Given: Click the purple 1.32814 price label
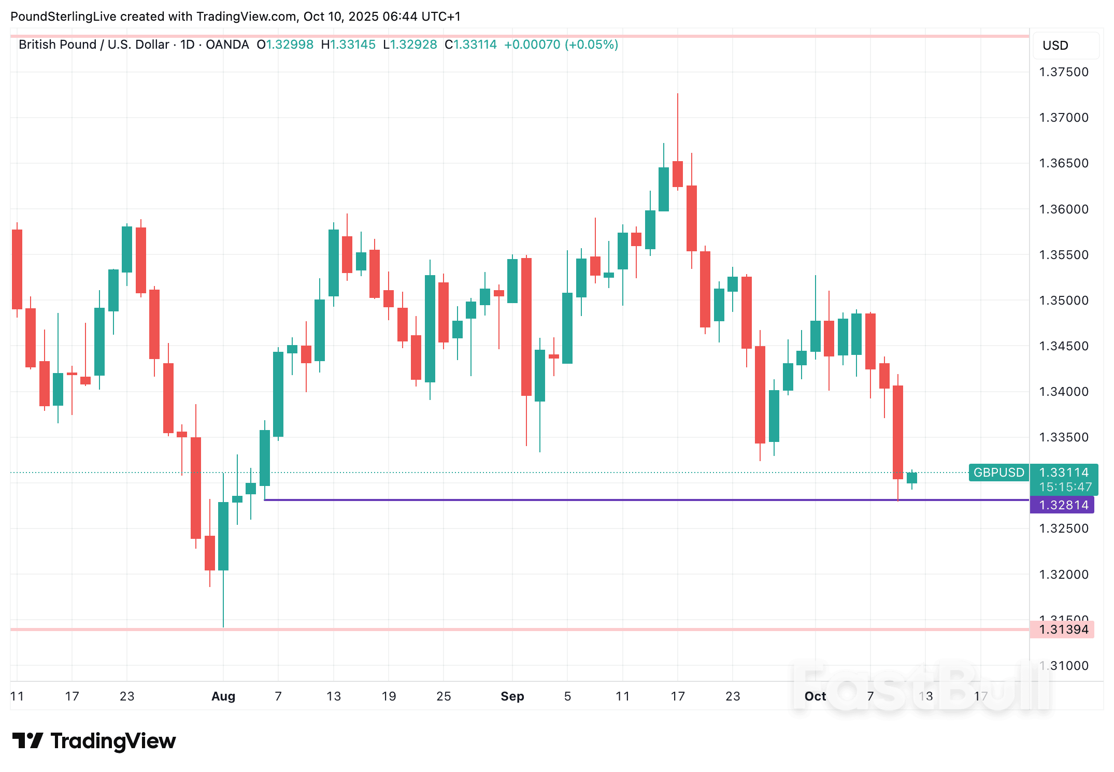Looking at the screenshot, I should pyautogui.click(x=1062, y=505).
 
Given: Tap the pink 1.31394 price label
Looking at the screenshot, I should pyautogui.click(x=1062, y=630).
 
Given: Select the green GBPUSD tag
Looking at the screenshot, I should pyautogui.click(x=998, y=473).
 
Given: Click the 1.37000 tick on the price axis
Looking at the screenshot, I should pyautogui.click(x=1063, y=118).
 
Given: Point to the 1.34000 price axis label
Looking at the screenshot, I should pyautogui.click(x=1063, y=392).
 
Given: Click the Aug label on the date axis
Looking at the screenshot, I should pyautogui.click(x=223, y=696).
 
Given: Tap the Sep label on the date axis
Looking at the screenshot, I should pyautogui.click(x=512, y=696).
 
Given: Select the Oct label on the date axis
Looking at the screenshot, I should pyautogui.click(x=815, y=696).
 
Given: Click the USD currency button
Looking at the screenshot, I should pyautogui.click(x=1055, y=46).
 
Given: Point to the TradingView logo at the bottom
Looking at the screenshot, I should pyautogui.click(x=94, y=741).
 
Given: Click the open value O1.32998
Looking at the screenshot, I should pyautogui.click(x=285, y=45).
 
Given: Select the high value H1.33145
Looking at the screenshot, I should pyautogui.click(x=348, y=45).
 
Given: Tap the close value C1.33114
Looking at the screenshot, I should pyautogui.click(x=470, y=45).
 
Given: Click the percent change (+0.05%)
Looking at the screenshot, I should pyautogui.click(x=591, y=45).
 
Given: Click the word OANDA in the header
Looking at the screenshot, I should pyautogui.click(x=227, y=45).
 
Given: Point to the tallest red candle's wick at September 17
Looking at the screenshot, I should pyautogui.click(x=677, y=124).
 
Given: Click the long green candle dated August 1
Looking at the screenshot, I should pyautogui.click(x=223, y=536).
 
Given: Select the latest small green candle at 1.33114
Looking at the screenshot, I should pyautogui.click(x=912, y=478).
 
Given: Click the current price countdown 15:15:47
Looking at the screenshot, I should pyautogui.click(x=1064, y=487).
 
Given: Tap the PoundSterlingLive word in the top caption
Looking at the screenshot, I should pyautogui.click(x=63, y=17).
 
